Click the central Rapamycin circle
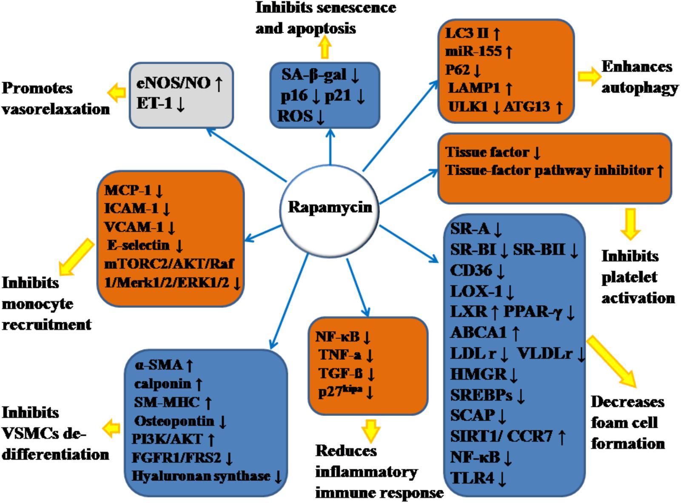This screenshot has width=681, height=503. point(330,207)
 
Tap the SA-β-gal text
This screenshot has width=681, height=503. point(313,75)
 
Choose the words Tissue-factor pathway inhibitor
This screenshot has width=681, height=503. point(549,171)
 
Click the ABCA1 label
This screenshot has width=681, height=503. point(479,332)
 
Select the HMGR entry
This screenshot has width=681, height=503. point(478,374)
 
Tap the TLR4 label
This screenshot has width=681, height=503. point(472,478)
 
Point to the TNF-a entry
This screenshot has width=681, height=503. point(339,355)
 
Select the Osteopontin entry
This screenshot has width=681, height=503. point(174,421)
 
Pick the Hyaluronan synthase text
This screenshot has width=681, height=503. point(201,476)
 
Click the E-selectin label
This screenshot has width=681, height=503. point(138,245)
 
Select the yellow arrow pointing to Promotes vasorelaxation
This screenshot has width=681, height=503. point(117,92)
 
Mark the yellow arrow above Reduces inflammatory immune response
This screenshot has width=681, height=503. point(370,431)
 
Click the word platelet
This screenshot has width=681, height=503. point(629,277)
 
